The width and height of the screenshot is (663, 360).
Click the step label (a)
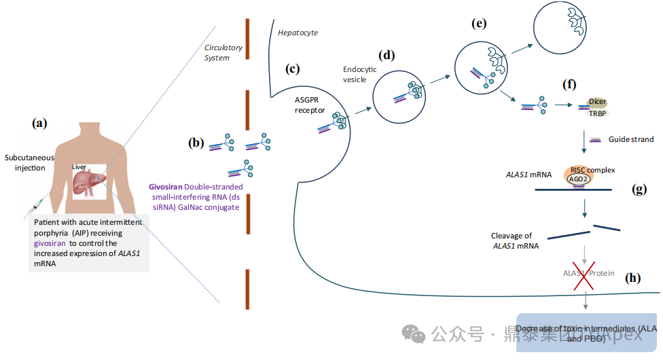point(41,123)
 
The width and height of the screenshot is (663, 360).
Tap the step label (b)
point(196,143)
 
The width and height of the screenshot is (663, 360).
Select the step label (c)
point(293,68)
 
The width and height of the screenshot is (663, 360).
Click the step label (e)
point(479,24)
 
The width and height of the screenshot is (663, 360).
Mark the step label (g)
point(638,190)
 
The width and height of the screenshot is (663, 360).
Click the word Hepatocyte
point(298,33)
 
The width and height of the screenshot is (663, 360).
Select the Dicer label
point(597,102)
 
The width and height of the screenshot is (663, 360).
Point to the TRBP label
point(597,113)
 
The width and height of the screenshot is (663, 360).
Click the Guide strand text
point(631,139)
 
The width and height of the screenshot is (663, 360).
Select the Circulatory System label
point(217,53)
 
